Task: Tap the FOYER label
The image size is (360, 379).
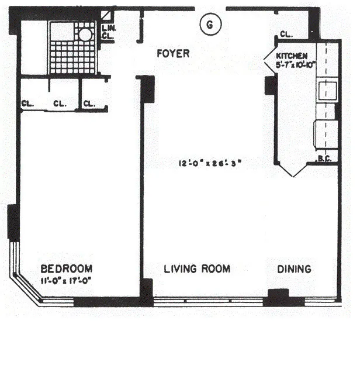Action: point(173,54)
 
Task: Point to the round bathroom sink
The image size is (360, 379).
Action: point(85,35)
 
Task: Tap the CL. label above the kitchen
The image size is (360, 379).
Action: point(286,35)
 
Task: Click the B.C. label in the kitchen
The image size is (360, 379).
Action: point(324,158)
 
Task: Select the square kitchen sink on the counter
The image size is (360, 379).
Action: point(326,90)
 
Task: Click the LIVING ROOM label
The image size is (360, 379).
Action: point(196,269)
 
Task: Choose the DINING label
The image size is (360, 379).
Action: point(294,269)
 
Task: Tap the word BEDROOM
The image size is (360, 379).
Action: point(66,268)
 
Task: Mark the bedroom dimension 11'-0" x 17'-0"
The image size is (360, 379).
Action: point(66,280)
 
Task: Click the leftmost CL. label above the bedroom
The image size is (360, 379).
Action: point(27,104)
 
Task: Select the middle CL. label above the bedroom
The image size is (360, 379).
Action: point(60,104)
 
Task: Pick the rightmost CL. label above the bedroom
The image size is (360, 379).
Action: point(89,104)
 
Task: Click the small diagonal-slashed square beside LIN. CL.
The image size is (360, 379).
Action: point(106,16)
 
